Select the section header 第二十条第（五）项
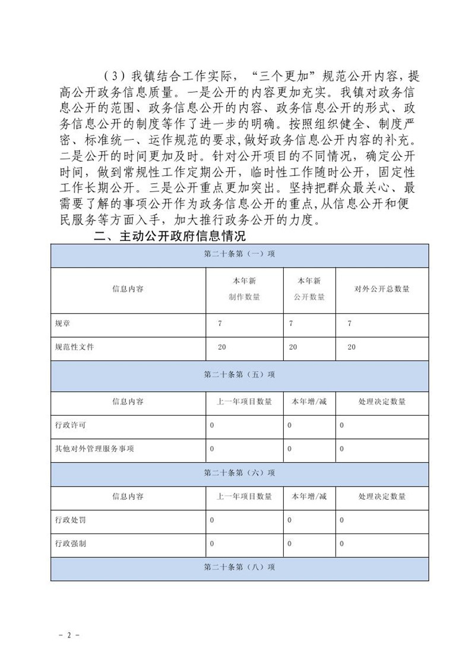[x=239, y=376]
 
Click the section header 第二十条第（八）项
[x=239, y=568]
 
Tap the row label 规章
[x=61, y=324]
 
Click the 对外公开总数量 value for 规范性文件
[x=351, y=347]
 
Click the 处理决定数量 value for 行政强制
[x=342, y=544]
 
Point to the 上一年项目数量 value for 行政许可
[x=212, y=426]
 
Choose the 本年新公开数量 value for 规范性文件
[x=293, y=347]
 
